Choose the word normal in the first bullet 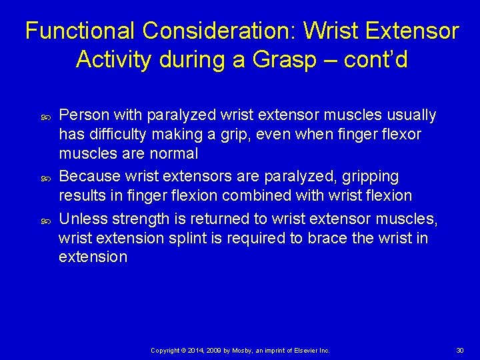pos(174,153)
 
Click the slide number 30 pos(459,350)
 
